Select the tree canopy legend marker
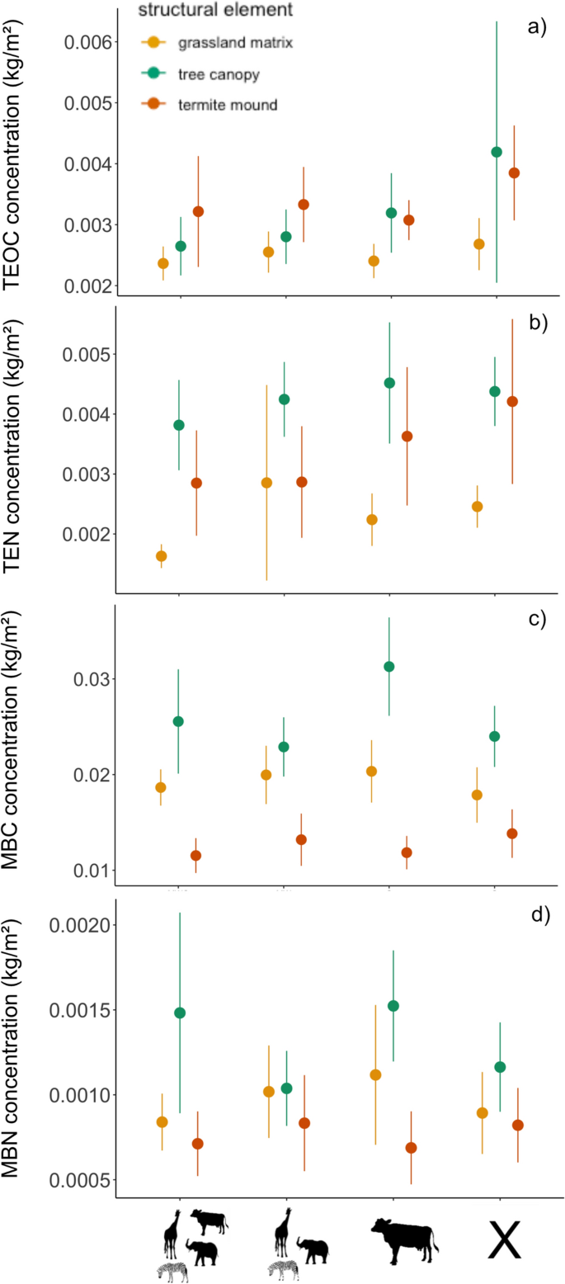tap(153, 74)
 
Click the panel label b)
tap(537, 323)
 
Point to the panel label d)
tap(537, 914)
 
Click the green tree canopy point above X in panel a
tap(496, 152)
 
